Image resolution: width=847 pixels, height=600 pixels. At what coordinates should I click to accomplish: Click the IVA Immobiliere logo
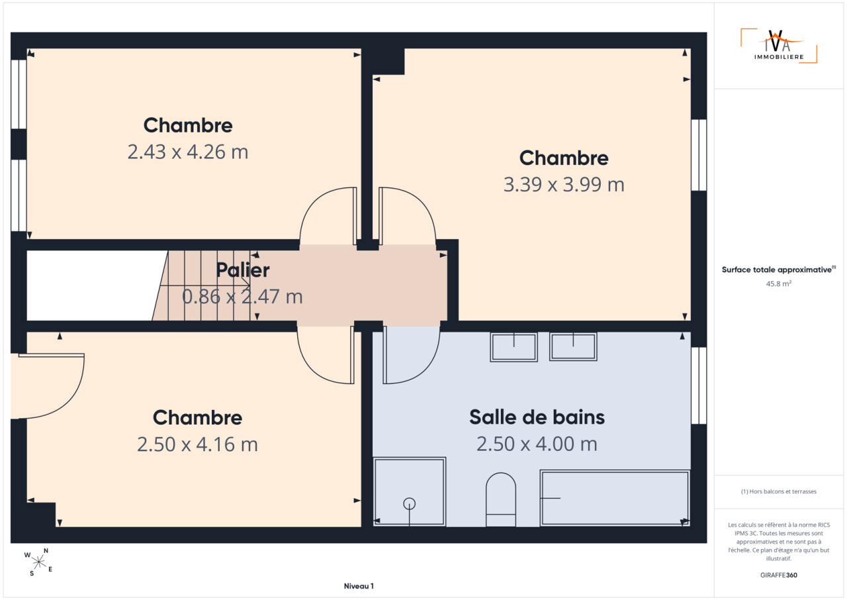coord(779,46)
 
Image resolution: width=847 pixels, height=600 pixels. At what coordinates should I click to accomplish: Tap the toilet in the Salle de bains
coord(501,500)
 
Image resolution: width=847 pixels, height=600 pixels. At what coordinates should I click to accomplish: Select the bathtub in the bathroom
coord(615,498)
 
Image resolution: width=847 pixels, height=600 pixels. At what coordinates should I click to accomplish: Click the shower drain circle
coord(410,504)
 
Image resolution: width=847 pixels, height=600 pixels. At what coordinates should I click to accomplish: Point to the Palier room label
coord(243,270)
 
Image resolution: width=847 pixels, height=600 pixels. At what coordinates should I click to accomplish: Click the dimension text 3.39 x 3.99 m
coord(564,185)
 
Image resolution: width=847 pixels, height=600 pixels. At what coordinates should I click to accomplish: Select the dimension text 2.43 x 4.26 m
coord(188,152)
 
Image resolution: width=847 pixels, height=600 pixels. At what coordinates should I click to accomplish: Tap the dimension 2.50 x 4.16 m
coord(197,444)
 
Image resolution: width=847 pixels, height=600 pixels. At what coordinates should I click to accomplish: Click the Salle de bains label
coord(537,417)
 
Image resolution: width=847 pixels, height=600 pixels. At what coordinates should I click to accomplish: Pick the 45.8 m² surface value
coord(779,283)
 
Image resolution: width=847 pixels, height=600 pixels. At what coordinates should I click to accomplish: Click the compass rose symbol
coord(38,562)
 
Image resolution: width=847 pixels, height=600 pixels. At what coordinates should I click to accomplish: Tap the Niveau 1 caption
coord(359,586)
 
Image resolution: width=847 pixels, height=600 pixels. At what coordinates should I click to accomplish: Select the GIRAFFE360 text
coord(779,575)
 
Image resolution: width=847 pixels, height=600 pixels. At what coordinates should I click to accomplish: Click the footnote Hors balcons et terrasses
coord(779,491)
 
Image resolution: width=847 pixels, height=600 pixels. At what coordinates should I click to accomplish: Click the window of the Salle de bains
coord(699,385)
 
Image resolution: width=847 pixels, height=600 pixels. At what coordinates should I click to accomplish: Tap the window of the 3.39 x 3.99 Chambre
coord(699,155)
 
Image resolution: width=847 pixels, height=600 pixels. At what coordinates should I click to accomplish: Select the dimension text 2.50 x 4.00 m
coord(537,444)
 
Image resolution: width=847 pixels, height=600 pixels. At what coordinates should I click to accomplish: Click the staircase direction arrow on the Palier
coord(205,285)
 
